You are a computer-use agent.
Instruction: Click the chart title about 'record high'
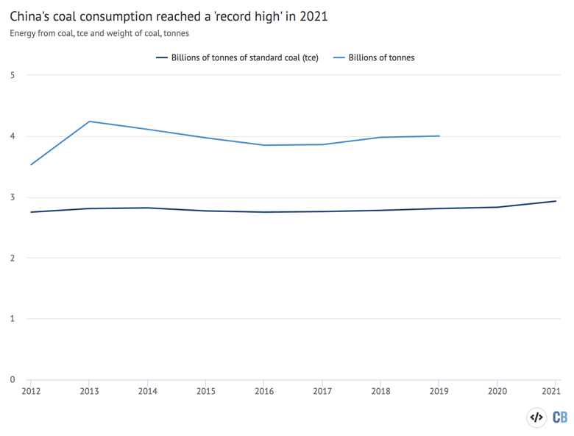169,15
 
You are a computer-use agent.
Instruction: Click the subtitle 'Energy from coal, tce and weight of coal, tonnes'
99,33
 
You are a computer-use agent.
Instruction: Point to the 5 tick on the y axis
13,75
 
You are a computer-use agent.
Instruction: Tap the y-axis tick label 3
13,197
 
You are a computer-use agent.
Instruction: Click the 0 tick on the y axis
13,380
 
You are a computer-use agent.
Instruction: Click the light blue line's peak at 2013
89,122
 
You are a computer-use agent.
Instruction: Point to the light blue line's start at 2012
31,164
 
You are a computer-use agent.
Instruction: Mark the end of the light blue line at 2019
439,136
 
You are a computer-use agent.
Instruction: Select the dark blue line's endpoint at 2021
556,201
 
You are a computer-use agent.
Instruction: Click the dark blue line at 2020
497,207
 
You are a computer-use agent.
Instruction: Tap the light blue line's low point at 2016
264,145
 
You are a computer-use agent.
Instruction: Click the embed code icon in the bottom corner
537,418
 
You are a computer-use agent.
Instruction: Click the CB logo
560,418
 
